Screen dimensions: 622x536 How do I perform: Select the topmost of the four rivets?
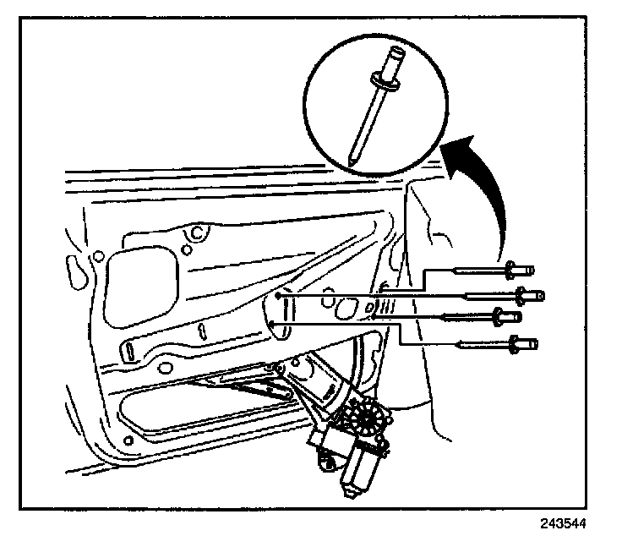point(489,272)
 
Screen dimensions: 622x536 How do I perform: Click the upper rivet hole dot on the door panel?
point(278,297)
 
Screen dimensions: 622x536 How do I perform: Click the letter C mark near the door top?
point(197,231)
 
